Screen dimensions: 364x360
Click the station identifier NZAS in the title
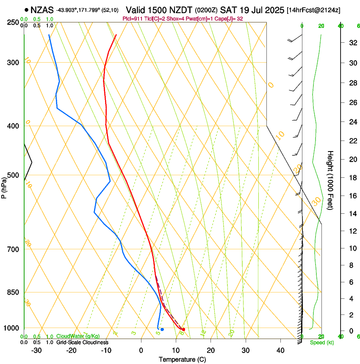(42, 9)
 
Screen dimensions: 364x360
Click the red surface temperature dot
(183, 329)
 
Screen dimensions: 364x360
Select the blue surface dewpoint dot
(162, 329)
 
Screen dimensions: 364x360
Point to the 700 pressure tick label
(14, 249)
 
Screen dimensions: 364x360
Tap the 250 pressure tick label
(14, 22)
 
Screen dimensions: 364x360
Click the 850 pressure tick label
(14, 292)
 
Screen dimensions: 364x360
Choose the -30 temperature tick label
(37, 350)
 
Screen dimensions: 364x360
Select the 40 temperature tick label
(280, 350)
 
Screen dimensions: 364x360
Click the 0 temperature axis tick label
(141, 350)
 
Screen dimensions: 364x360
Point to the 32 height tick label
(352, 42)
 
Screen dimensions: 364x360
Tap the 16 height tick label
(352, 196)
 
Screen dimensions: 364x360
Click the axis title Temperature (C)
(183, 360)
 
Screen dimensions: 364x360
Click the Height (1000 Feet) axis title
(330, 180)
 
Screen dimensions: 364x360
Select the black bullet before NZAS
(27, 9)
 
